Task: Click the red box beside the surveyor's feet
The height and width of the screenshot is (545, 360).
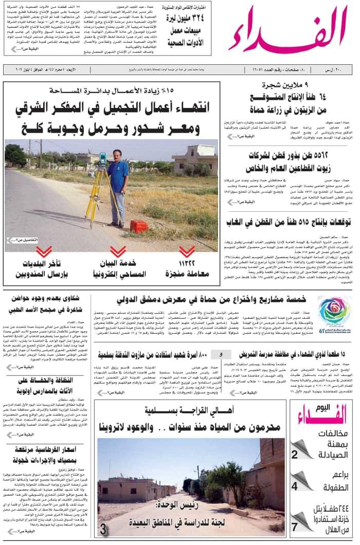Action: (x=139, y=226)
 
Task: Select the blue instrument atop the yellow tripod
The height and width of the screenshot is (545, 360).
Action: (x=102, y=158)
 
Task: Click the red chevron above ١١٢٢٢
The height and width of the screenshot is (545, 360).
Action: (x=187, y=251)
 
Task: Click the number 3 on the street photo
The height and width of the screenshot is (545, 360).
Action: (x=103, y=529)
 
